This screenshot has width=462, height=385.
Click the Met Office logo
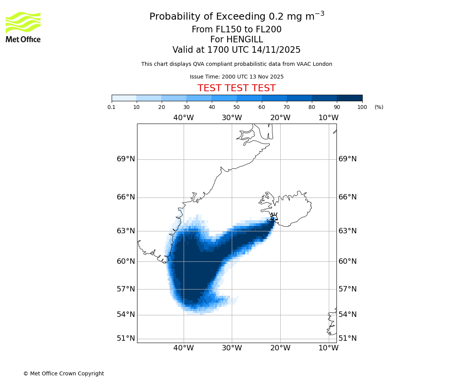click(x=23, y=27)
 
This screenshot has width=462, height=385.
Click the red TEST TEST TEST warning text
click(x=236, y=88)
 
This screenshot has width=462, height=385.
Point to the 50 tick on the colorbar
click(x=237, y=107)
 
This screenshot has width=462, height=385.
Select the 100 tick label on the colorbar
click(x=362, y=107)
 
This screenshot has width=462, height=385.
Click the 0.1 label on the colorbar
click(x=112, y=107)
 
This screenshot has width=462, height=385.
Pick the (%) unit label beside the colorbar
click(x=379, y=107)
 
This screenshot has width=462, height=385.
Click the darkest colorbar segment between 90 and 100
click(x=350, y=98)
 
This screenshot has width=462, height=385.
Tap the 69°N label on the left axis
click(x=126, y=159)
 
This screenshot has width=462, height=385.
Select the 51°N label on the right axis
click(x=347, y=338)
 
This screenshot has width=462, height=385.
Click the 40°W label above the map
click(x=183, y=118)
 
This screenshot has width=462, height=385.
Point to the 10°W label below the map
click(x=328, y=348)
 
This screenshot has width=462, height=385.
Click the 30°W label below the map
click(x=232, y=348)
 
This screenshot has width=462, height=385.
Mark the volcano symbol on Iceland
click(x=274, y=217)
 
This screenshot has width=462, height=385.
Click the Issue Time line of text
click(x=236, y=77)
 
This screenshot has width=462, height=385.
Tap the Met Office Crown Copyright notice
click(x=64, y=373)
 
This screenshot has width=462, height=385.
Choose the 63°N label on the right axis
click(x=347, y=231)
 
